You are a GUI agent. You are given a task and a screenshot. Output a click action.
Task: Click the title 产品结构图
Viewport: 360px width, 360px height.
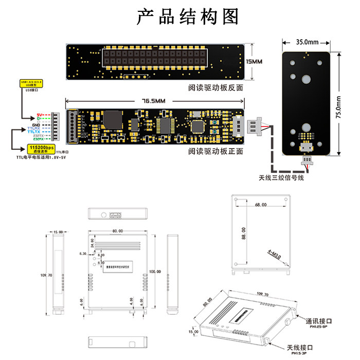click(188, 16)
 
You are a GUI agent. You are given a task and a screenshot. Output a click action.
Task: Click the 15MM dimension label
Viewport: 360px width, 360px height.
click(255, 62)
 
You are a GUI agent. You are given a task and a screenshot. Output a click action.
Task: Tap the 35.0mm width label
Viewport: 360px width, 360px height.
click(307, 42)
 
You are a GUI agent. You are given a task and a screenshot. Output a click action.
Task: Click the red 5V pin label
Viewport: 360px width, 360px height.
click(40, 115)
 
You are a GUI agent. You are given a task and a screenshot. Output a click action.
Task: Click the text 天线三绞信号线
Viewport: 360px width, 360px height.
click(281, 178)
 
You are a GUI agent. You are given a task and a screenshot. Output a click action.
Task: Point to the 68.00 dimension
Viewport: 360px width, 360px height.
click(260, 205)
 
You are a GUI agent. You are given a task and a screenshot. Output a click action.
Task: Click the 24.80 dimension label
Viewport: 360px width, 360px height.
click(93, 243)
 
